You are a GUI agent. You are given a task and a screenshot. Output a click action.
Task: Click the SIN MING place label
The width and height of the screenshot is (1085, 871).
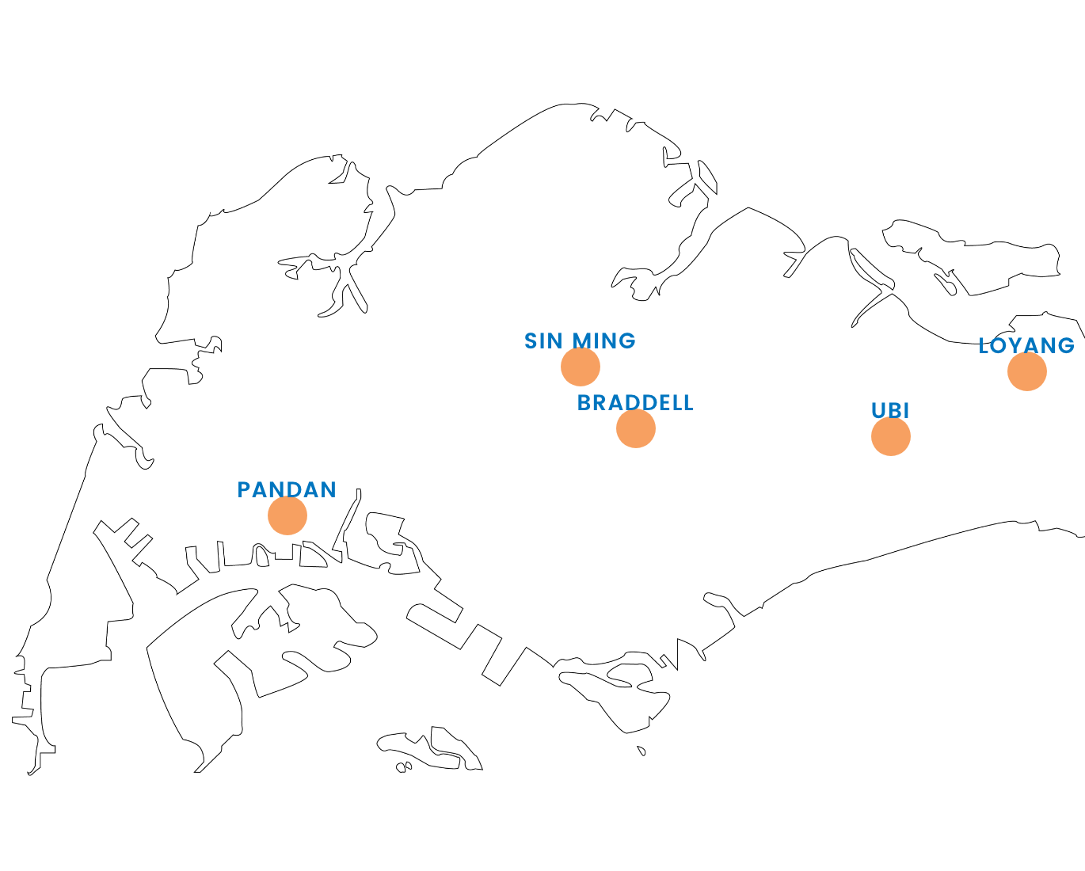pos(580,341)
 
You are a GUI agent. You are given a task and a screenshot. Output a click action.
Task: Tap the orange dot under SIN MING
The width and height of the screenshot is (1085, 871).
pos(581,367)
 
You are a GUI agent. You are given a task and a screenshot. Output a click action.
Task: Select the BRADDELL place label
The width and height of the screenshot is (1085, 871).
pos(635,403)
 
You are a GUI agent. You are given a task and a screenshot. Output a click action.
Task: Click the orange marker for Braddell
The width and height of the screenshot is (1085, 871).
pos(636,428)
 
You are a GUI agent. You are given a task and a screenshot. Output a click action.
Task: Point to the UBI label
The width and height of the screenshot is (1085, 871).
pos(890,411)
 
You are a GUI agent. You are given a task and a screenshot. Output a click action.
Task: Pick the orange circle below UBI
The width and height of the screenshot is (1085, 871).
pos(891,436)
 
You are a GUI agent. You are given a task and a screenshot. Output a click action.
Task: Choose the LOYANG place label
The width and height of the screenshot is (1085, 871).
pos(1026,346)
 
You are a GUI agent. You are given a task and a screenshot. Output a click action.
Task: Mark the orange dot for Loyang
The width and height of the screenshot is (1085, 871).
pos(1027,371)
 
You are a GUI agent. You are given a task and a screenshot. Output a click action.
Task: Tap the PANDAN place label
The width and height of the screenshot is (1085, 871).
pos(287,490)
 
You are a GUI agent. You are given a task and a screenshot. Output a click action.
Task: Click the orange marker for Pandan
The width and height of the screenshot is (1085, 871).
pos(287,515)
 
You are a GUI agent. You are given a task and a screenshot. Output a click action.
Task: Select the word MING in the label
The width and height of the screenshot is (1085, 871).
pos(604,341)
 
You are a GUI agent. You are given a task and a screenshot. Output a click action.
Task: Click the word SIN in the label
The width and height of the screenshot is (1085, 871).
pos(543,341)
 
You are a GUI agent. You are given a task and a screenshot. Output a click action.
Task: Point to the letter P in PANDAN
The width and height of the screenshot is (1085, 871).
pos(244,490)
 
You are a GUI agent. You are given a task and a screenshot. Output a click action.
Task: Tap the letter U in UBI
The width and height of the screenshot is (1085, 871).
pos(879,411)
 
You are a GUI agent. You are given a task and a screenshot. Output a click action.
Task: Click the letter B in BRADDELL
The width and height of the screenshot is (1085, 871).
pos(584,403)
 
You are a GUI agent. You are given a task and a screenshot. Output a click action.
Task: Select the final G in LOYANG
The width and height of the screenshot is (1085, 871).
pos(1066,346)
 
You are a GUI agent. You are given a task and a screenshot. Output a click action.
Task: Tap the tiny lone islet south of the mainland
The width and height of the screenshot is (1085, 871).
pos(641,751)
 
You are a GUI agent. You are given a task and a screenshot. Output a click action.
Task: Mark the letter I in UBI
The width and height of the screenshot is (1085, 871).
pos(907,411)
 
